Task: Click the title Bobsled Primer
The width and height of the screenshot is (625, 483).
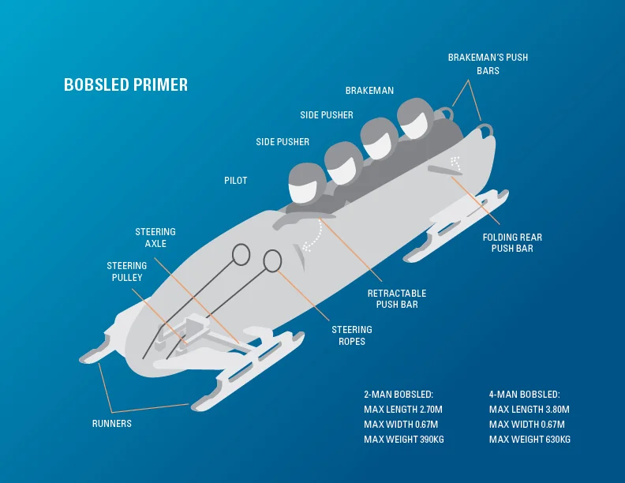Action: pyautogui.click(x=125, y=84)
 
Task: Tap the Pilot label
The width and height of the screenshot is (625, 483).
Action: pyautogui.click(x=235, y=181)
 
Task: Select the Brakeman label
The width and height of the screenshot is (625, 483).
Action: pyautogui.click(x=369, y=91)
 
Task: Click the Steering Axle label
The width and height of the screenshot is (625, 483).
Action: pyautogui.click(x=155, y=238)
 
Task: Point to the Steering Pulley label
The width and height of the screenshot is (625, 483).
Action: pyautogui.click(x=127, y=271)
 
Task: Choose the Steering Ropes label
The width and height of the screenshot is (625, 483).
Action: pyautogui.click(x=351, y=335)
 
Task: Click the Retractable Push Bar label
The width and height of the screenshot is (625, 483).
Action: pyautogui.click(x=397, y=298)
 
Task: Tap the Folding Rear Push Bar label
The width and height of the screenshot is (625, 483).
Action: pyautogui.click(x=512, y=242)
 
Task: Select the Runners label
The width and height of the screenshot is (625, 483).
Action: pyautogui.click(x=111, y=424)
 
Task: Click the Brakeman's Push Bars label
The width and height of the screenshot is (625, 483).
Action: pyautogui.click(x=488, y=64)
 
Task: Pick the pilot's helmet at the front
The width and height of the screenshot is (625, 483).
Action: pyautogui.click(x=304, y=183)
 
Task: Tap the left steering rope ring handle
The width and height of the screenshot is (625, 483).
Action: pyautogui.click(x=241, y=253)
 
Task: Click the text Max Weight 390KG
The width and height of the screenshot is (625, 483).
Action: pyautogui.click(x=403, y=439)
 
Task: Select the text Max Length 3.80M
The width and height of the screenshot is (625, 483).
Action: pyautogui.click(x=529, y=410)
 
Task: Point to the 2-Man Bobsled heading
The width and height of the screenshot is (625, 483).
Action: pyautogui.click(x=399, y=395)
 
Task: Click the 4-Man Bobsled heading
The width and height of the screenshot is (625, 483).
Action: pyautogui.click(x=524, y=395)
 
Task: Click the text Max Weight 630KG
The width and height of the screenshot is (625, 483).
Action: pyautogui.click(x=530, y=439)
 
